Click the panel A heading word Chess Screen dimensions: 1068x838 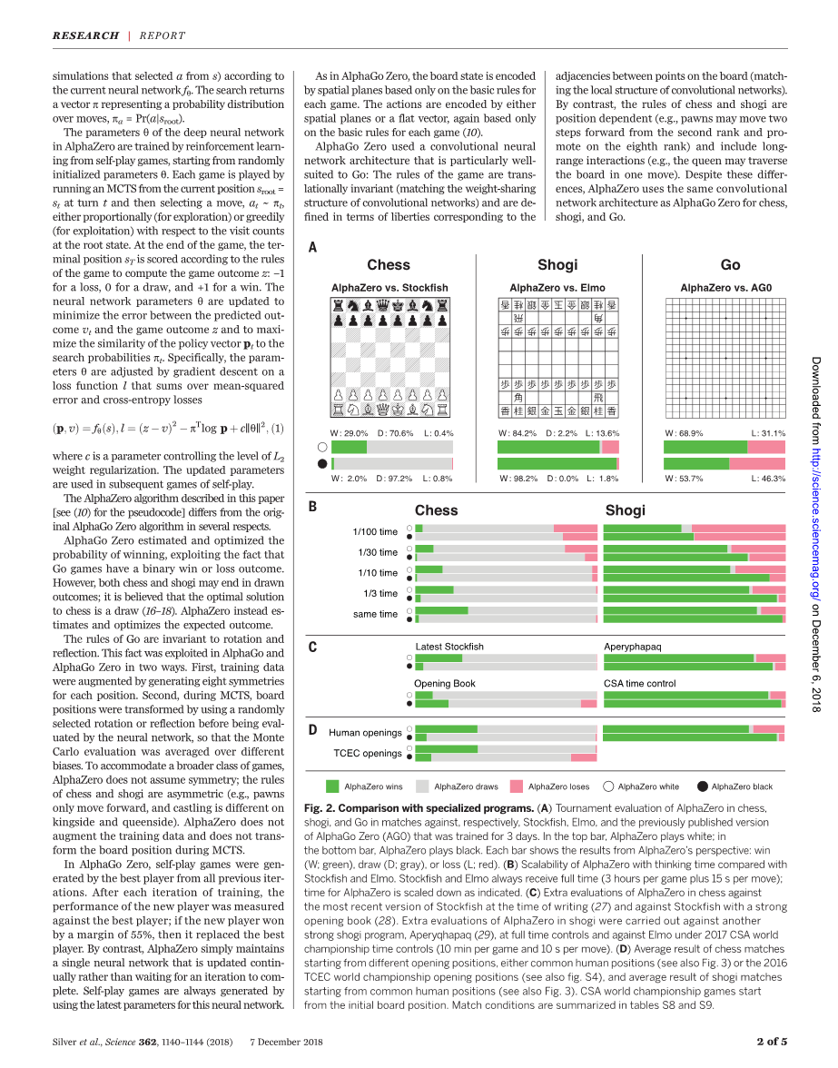389,264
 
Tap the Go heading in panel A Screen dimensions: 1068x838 730,264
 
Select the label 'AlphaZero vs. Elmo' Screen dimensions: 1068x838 557,288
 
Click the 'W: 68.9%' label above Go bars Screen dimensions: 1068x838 684,433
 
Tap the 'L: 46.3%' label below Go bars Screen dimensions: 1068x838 768,478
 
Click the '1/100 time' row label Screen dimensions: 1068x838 375,532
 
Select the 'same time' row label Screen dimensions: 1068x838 375,614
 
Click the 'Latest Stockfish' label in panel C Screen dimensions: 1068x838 449,647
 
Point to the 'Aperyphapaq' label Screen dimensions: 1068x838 633,647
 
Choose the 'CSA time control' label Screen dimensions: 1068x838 640,683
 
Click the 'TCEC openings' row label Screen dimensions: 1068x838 368,753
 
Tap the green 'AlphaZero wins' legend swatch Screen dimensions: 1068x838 331,786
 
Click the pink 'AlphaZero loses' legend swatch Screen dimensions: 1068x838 516,786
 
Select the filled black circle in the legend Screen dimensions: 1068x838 702,786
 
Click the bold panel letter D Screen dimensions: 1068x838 312,729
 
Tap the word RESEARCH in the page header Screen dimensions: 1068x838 85,35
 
